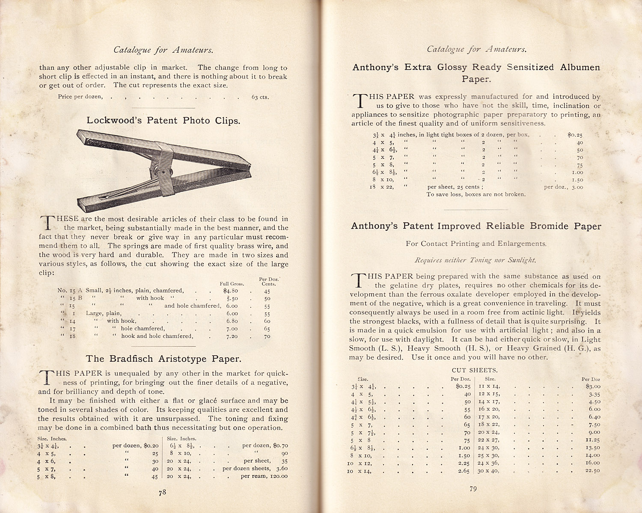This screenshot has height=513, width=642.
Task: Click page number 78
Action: pos(162,492)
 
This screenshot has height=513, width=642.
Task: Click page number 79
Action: pos(473,489)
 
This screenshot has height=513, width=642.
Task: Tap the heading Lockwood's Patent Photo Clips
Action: pos(163,121)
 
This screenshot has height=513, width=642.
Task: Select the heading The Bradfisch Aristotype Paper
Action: pos(163,359)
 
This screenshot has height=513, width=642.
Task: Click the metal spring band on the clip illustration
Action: pos(165,165)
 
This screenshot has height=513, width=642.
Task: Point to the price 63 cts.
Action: pos(260,97)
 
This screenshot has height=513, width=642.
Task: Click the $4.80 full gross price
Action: pos(231,291)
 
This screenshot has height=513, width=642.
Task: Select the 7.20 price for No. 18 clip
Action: pos(232,336)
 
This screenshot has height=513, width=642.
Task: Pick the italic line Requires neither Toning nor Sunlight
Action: pos(475,260)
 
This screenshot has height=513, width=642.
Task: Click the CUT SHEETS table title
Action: pos(475,370)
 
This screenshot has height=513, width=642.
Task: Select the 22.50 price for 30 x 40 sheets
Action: pos(592,471)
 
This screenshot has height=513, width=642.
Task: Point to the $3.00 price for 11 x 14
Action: pos(591,386)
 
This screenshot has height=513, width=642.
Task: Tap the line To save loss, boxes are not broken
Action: pos(476,195)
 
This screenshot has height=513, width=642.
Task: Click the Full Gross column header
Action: pos(232,283)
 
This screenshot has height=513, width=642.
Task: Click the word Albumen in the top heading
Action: pos(580,68)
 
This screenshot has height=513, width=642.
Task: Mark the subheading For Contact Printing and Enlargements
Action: pos(476,244)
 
